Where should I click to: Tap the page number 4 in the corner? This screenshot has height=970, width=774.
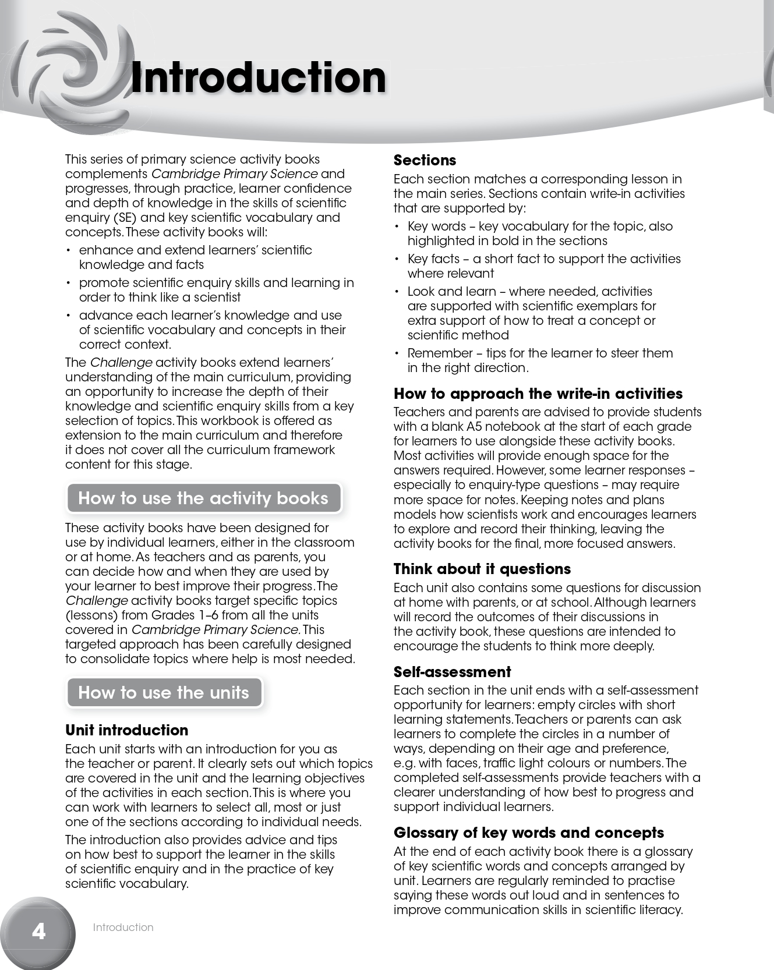click(38, 931)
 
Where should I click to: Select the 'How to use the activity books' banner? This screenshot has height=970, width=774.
click(203, 498)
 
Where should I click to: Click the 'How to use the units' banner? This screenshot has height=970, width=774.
click(164, 692)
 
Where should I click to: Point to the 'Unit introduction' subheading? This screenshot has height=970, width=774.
click(126, 730)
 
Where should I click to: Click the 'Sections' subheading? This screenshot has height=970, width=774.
click(425, 160)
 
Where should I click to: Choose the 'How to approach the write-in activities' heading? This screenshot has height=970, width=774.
click(538, 394)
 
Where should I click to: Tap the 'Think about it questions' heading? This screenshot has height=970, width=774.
click(482, 569)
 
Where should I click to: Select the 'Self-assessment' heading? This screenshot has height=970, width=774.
click(452, 672)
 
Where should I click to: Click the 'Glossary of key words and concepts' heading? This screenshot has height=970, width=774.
click(528, 833)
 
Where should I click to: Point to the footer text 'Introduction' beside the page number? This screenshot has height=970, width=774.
click(123, 927)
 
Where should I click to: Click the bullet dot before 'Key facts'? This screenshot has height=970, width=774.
click(397, 259)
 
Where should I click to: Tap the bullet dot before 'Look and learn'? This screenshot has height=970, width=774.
click(397, 292)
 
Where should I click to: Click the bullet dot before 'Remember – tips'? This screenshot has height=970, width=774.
click(397, 353)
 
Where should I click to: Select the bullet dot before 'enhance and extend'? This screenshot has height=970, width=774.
click(69, 250)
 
